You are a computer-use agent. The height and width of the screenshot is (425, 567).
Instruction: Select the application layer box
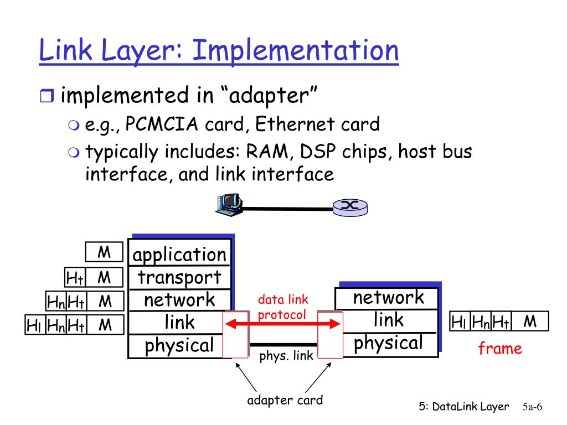179,255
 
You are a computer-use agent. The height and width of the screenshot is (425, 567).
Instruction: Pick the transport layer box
179,277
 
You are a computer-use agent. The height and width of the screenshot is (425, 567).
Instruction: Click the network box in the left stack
179,300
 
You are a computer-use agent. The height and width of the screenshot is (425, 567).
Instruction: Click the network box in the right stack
388,298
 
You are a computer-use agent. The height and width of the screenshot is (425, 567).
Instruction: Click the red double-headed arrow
283,324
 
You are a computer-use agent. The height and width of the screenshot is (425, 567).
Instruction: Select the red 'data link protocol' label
282,307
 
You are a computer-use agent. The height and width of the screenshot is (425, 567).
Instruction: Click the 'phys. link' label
286,356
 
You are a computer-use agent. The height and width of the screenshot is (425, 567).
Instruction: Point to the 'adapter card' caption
285,400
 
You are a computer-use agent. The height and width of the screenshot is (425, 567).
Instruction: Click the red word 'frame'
500,349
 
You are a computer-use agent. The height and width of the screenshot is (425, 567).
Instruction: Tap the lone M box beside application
104,253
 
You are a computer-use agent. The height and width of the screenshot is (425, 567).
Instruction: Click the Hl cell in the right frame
459,322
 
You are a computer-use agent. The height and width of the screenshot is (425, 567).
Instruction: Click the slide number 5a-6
532,407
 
